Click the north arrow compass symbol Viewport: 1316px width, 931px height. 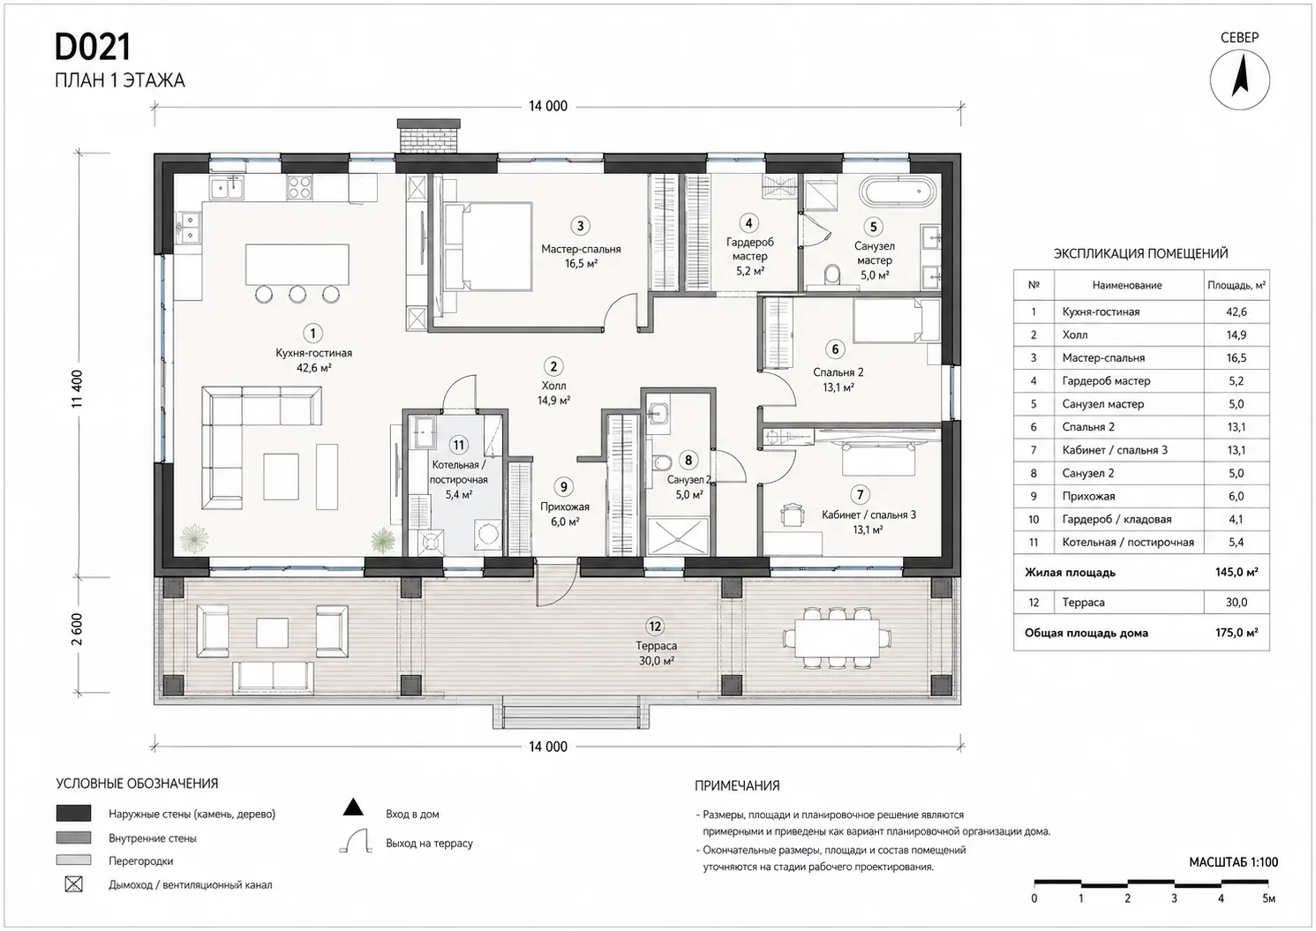coord(1239,80)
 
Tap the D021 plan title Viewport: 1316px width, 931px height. coord(93,48)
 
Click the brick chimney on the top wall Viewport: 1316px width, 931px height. coord(428,136)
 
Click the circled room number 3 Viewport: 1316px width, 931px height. coord(580,226)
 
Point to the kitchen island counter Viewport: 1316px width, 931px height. coord(297,265)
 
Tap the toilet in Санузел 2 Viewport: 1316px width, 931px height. coord(660,462)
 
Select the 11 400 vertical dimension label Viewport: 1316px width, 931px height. coord(77,389)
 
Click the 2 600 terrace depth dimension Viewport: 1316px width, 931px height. coord(77,629)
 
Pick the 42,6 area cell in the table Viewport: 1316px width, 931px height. coord(1236,312)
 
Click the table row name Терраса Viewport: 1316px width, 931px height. coord(1083,602)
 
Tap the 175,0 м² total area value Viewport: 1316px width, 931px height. coord(1237,633)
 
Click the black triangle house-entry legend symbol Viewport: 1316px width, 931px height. coord(353,807)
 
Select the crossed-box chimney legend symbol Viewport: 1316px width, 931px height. coord(73,884)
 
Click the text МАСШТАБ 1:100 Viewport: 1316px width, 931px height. coord(1233,862)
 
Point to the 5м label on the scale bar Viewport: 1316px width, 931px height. coord(1268,898)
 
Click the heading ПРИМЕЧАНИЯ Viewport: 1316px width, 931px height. coord(737,786)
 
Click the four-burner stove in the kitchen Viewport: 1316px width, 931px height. coord(299,187)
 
